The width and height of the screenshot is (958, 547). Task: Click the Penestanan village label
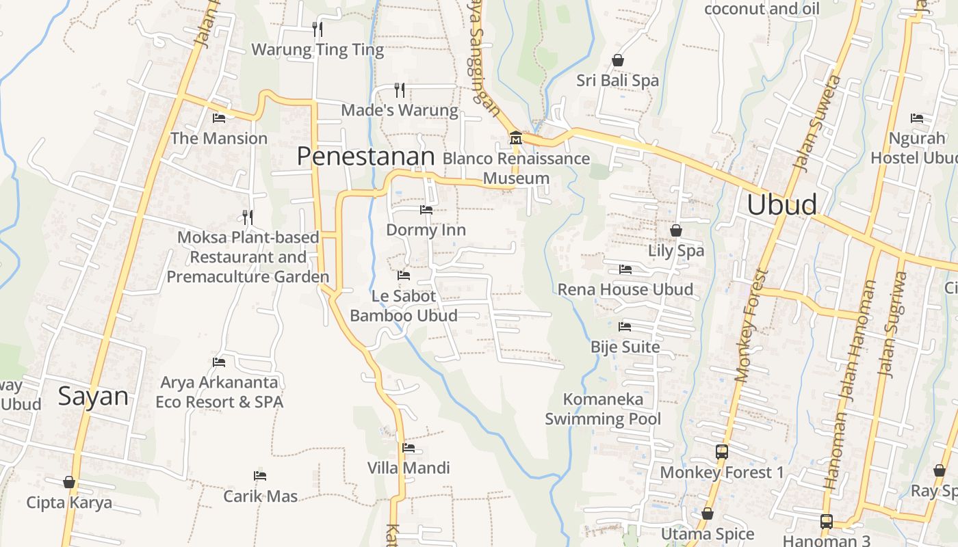[365, 157]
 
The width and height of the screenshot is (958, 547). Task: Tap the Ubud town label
[781, 204]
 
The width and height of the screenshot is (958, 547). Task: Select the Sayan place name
[93, 397]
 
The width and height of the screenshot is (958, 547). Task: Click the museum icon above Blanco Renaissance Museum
[515, 138]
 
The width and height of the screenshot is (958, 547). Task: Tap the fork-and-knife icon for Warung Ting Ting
[317, 29]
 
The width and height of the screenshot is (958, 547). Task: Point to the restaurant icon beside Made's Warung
[400, 90]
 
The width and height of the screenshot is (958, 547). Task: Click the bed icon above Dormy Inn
[426, 209]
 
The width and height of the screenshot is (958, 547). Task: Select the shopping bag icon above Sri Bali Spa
[617, 60]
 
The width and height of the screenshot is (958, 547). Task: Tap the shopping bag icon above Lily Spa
[675, 230]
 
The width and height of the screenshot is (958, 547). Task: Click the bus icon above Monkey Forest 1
[721, 451]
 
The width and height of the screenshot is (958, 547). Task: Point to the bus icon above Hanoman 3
[826, 521]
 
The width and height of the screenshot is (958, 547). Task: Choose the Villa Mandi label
[409, 468]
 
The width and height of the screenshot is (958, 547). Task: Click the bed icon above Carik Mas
[259, 475]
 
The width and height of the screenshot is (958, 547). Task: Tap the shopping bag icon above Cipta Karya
[68, 482]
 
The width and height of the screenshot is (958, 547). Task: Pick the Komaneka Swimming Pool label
[603, 409]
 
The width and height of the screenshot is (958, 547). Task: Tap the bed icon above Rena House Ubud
[625, 269]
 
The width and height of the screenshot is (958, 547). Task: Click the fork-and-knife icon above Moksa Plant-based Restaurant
[248, 217]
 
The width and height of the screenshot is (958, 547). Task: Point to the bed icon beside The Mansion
[219, 118]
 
